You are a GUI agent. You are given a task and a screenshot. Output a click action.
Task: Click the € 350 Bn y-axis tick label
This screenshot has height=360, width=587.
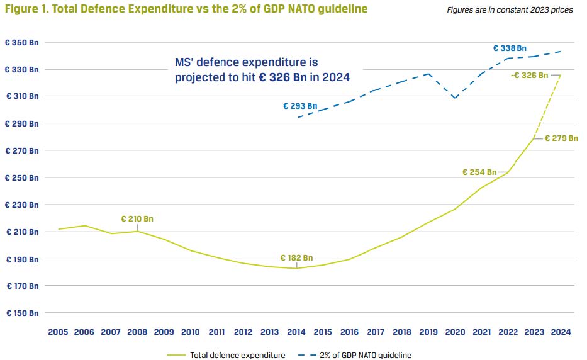coord(22,43)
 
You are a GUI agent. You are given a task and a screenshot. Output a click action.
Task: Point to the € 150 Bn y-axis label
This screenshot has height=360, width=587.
coord(22,313)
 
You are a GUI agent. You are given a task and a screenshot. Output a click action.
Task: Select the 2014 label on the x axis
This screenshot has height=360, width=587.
coord(296,332)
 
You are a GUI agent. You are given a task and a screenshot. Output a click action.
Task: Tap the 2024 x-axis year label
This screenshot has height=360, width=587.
coord(561,332)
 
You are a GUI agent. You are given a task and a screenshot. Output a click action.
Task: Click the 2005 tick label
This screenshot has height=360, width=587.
coord(58,332)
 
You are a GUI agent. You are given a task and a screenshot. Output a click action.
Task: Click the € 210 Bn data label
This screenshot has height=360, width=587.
coord(137,219)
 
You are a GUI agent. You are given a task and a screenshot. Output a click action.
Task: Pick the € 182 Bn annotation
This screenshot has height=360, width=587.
coord(296,258)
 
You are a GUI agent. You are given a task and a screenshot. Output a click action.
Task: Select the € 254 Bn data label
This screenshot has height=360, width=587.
coord(479,172)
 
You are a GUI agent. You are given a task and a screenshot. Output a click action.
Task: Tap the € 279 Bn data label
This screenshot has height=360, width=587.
coord(561,138)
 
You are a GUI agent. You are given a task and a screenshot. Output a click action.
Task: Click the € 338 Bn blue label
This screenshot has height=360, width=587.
coord(510,48)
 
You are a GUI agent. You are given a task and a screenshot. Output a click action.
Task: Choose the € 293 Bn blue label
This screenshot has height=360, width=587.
coord(300,106)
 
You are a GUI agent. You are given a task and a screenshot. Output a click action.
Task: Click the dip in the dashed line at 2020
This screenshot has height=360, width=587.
coord(455,98)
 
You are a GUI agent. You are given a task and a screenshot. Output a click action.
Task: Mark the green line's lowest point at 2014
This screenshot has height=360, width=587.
coord(296,268)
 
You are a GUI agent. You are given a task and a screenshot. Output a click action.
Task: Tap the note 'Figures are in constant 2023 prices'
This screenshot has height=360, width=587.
coord(510,11)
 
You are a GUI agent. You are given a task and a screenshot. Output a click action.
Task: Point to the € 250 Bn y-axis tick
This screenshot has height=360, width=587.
coord(22,177)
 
